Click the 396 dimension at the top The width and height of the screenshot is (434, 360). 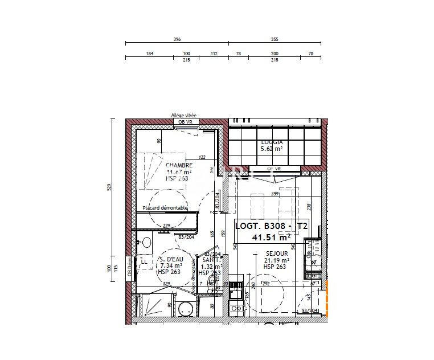click(177, 39)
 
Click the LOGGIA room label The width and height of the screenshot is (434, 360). click(272, 143)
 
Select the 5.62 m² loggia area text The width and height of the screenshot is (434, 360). click(272, 149)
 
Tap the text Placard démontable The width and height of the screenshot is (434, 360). click(165, 208)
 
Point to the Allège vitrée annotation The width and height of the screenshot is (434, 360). click(184, 115)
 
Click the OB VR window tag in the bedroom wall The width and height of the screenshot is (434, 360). click(185, 122)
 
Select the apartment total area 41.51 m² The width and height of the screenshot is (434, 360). click(271, 236)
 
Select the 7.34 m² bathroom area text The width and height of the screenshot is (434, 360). click(171, 266)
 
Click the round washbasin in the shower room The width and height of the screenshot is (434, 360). click(146, 243)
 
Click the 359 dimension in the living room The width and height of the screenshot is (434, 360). click(275, 194)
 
